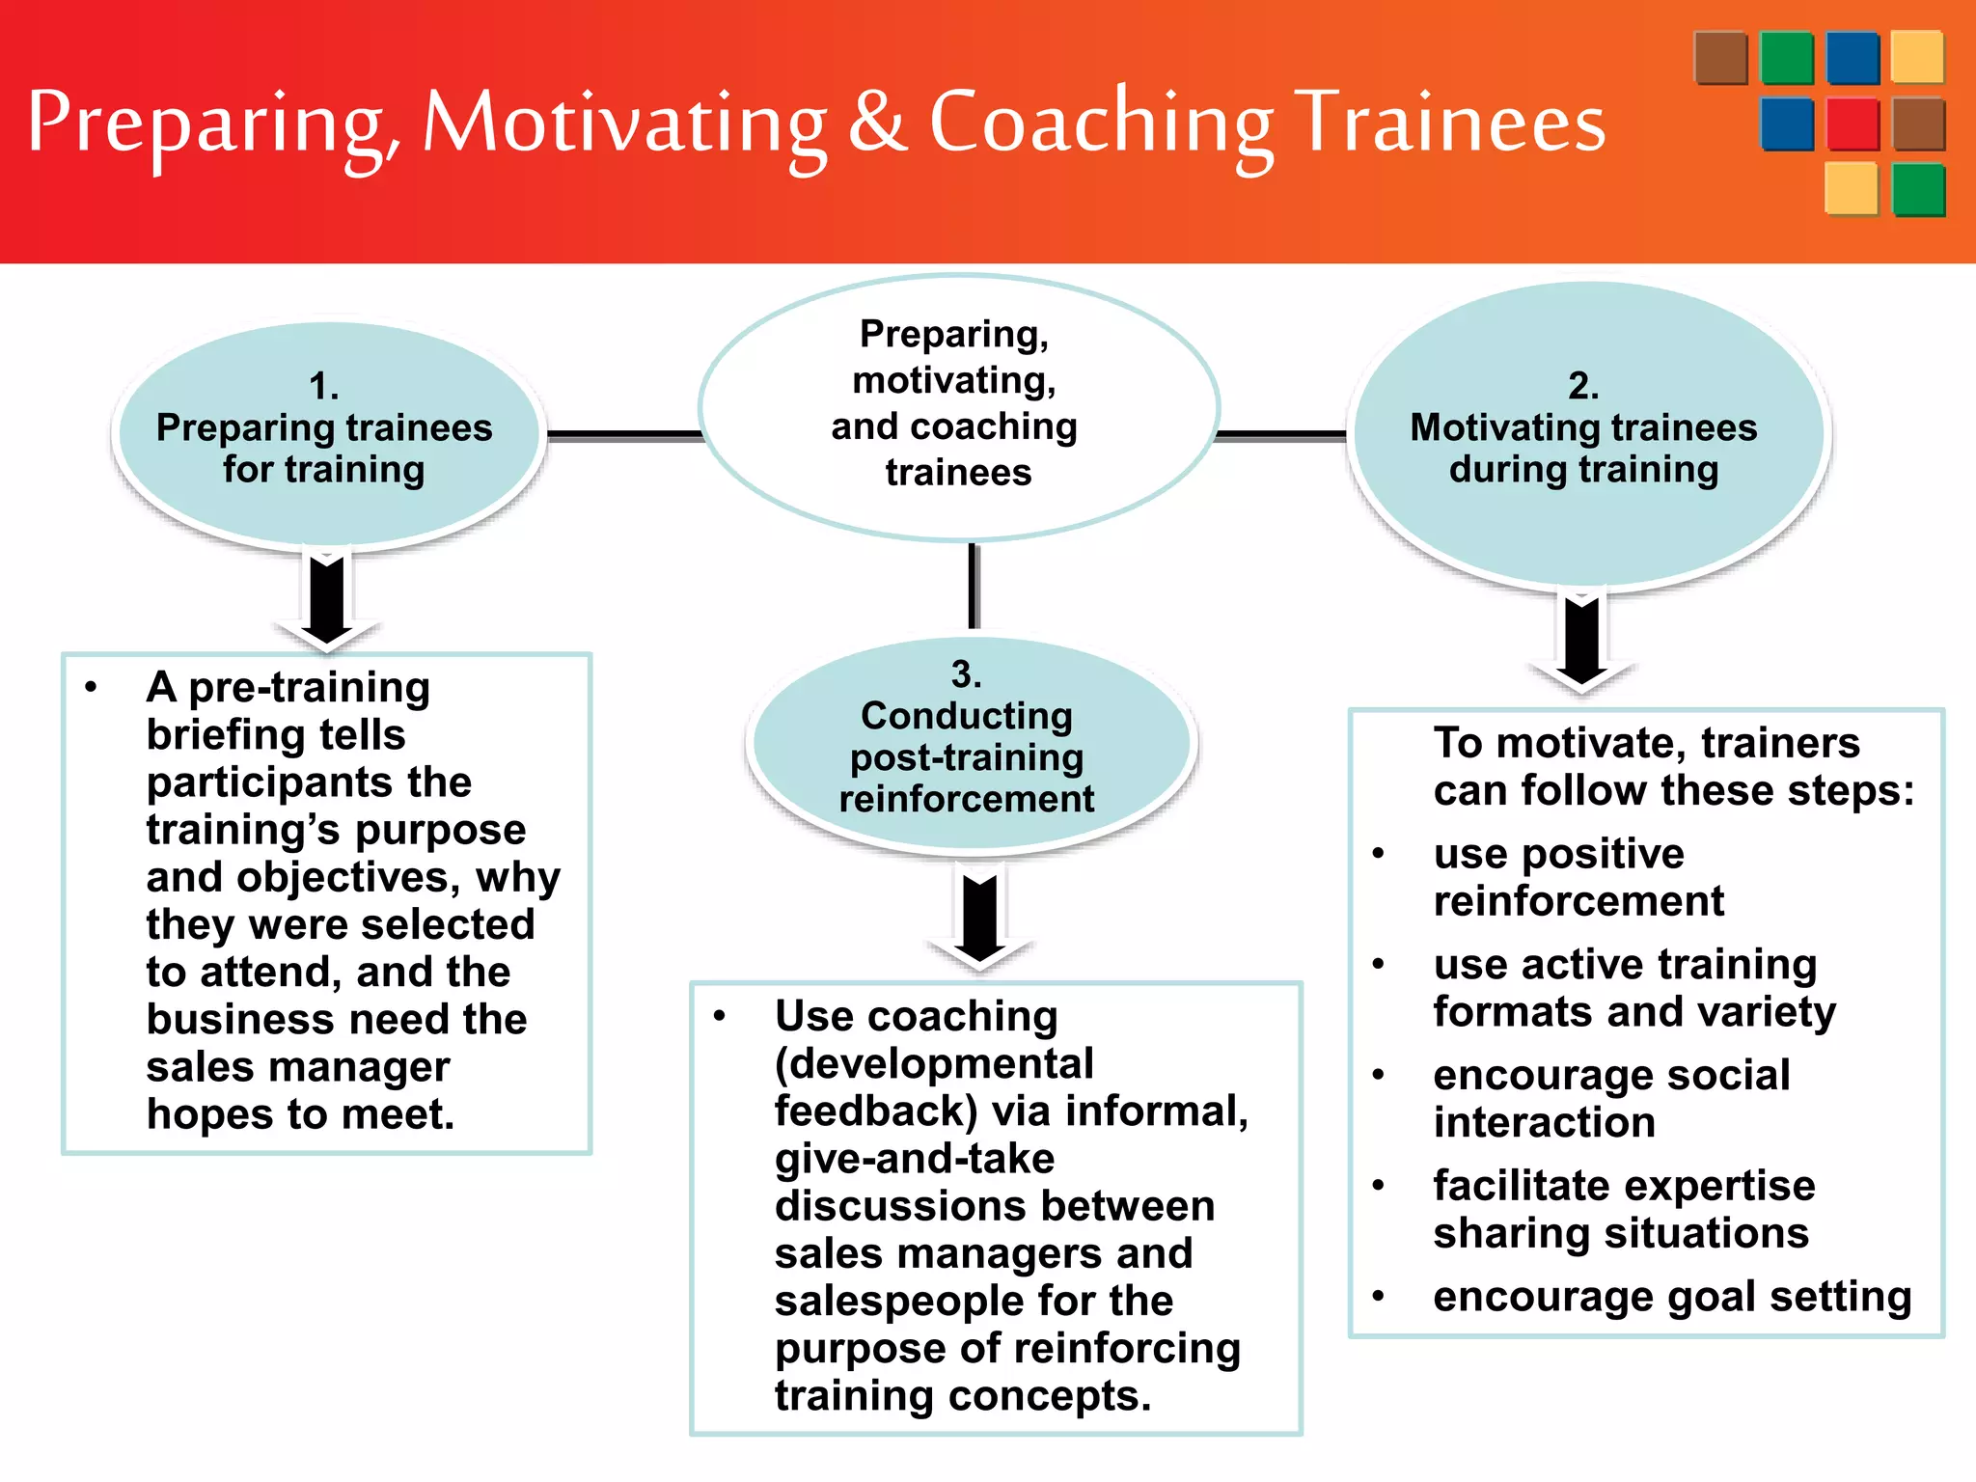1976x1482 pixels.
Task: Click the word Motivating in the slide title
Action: click(624, 123)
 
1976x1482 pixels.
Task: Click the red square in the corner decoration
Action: click(1852, 123)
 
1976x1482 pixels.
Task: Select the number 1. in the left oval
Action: click(323, 387)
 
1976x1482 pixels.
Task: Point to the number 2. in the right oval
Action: click(1583, 386)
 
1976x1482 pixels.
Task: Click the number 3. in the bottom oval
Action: click(966, 674)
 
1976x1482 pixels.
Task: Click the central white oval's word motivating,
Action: click(953, 380)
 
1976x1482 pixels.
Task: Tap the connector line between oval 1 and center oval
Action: click(625, 435)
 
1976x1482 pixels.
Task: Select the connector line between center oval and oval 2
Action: click(1281, 435)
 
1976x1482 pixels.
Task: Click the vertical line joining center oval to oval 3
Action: click(974, 587)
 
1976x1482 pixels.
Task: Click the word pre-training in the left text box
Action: click(309, 688)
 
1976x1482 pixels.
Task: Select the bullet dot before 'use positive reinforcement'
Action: click(1379, 854)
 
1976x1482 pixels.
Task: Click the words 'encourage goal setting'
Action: click(1671, 1296)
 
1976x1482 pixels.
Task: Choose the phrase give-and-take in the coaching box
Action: click(914, 1159)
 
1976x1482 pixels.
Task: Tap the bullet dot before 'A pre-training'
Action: click(91, 688)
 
